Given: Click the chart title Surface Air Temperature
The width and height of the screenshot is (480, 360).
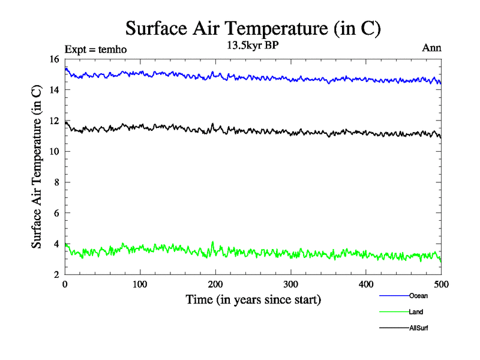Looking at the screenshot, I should pos(253,28).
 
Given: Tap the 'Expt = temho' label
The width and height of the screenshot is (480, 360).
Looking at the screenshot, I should pos(95,49).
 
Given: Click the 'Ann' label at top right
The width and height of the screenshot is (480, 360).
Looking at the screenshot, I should pos(432,49).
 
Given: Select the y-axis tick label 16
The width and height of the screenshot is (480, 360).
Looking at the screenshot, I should pos(53,59).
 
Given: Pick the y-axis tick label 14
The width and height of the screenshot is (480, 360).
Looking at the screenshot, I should pos(53,90).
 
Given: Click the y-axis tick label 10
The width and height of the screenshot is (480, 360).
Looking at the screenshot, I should pos(53,152).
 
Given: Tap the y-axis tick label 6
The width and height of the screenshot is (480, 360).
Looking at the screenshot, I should pos(56,213).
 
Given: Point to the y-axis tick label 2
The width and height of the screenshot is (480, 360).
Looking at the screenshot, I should pos(56,275).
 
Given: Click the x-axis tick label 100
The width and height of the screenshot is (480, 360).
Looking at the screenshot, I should pos(140,284).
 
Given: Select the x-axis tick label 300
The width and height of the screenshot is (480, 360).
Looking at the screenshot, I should pos(290,284).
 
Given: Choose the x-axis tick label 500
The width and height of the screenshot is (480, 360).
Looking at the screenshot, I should pos(441,284).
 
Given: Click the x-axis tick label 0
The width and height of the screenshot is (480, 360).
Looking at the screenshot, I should pos(65,284).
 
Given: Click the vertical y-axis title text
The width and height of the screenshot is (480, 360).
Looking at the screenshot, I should pos(37,167).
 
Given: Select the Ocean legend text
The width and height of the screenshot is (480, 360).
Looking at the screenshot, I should pos(418,296).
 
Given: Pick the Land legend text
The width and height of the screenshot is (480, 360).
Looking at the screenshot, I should pos(416,312).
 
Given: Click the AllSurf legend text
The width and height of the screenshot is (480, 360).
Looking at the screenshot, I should pos(419,328).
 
